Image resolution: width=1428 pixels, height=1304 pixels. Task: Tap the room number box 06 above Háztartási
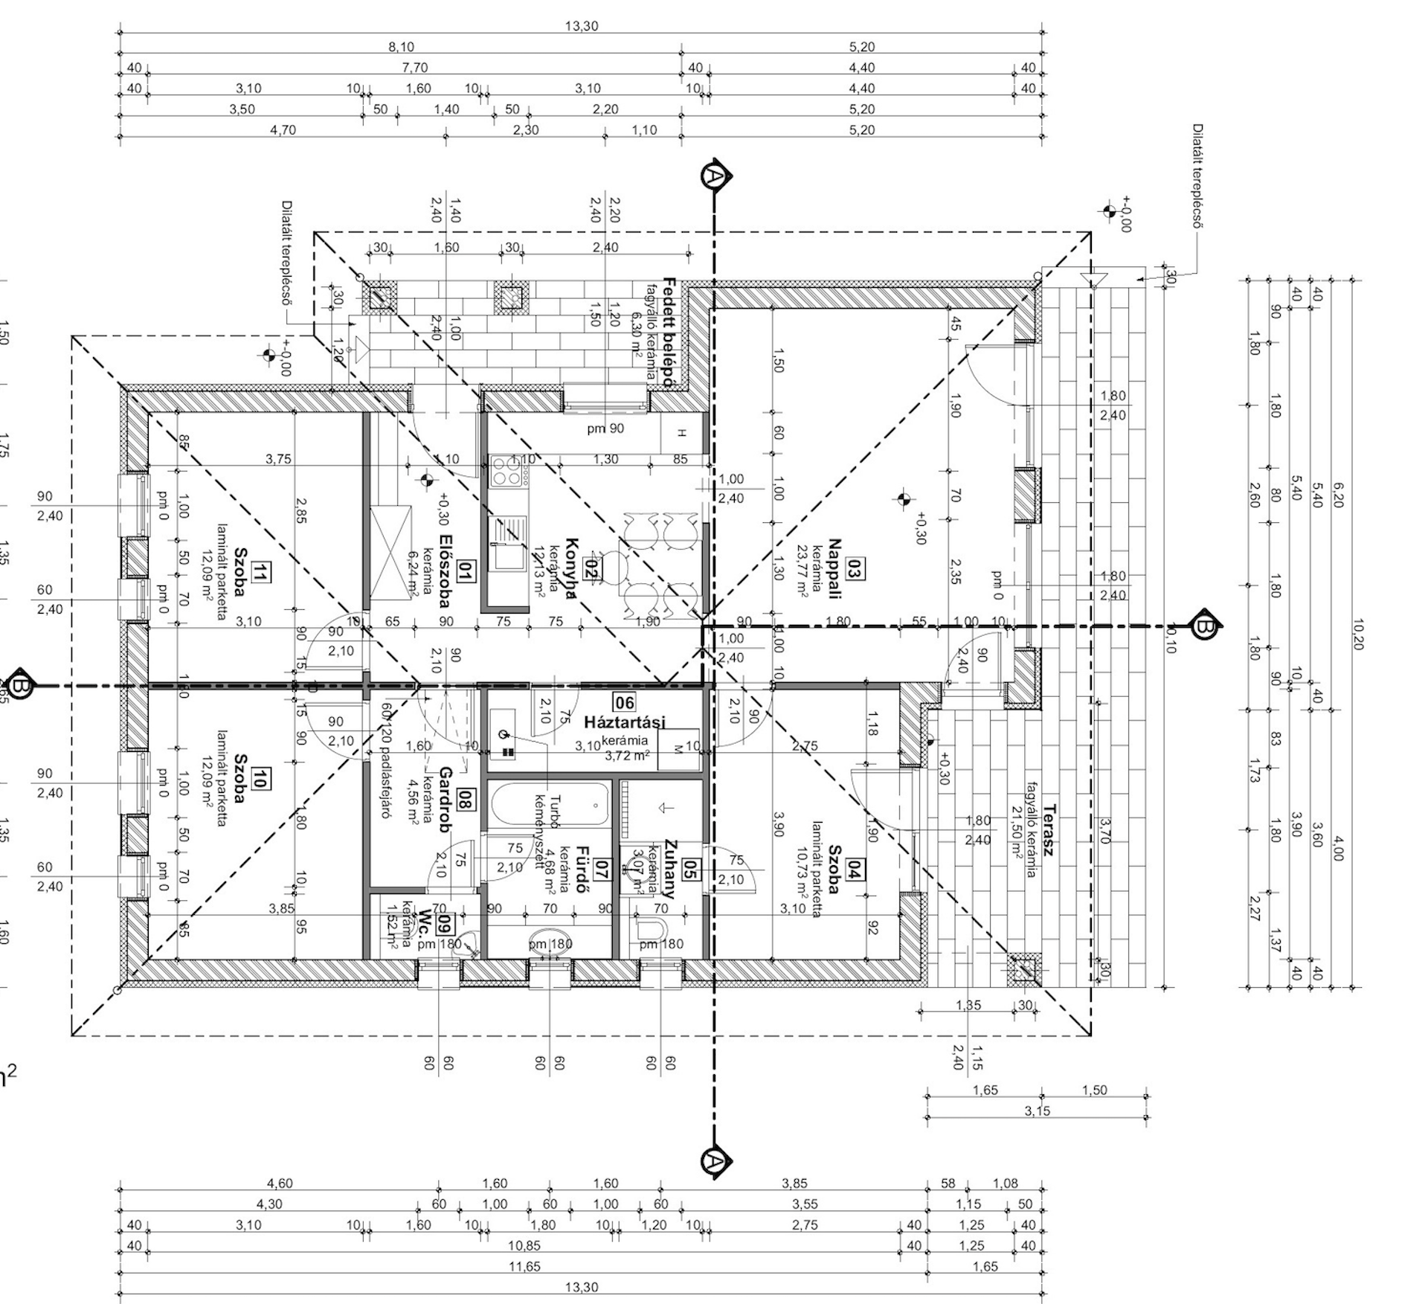[624, 702]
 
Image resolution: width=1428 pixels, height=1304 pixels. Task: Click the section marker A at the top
[714, 176]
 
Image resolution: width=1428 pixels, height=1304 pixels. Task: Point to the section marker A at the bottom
[714, 1160]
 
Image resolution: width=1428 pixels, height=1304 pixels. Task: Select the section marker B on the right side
[1204, 627]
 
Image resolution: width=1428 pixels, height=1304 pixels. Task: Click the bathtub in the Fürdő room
[550, 804]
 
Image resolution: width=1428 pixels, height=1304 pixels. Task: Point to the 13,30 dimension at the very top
[581, 26]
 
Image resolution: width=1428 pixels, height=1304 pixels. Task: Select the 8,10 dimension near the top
[401, 47]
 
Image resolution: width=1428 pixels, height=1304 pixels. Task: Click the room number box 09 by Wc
[444, 924]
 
